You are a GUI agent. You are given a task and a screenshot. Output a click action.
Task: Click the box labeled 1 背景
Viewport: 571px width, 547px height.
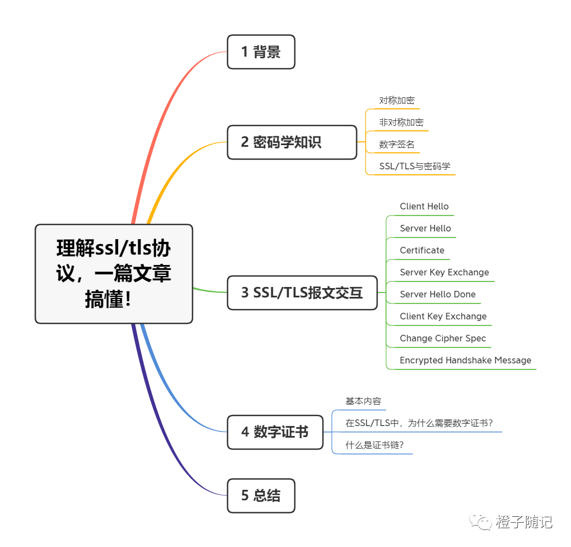pos(261,52)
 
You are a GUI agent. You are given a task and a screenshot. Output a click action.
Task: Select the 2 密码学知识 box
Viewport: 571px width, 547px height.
pos(292,142)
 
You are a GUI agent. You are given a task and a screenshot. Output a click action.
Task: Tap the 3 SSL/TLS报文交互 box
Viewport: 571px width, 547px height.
pos(302,292)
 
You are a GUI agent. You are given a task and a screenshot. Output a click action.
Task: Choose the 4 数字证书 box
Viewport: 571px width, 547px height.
pos(275,432)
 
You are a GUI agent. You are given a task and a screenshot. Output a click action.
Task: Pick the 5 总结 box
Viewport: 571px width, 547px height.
pos(261,496)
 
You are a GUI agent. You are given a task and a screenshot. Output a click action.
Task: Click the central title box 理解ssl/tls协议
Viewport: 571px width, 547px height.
pos(114,274)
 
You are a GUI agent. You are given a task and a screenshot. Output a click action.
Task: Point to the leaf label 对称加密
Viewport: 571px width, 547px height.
pos(396,101)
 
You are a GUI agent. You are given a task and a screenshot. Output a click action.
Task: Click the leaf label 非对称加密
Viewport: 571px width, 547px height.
pos(401,123)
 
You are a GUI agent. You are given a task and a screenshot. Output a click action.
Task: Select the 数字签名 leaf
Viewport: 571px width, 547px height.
pos(396,145)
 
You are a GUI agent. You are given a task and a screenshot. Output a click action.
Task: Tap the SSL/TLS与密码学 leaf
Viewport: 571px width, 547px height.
pos(415,167)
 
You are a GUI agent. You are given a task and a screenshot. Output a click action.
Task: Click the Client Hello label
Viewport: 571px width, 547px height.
pos(424,207)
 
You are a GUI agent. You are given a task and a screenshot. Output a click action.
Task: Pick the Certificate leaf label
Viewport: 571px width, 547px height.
pos(422,251)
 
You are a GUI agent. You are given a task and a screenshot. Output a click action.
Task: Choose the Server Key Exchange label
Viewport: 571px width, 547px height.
pos(444,273)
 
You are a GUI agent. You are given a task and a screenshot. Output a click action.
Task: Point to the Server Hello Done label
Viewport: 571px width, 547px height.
pos(438,295)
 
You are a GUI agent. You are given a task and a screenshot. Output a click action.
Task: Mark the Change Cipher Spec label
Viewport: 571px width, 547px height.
pos(443,339)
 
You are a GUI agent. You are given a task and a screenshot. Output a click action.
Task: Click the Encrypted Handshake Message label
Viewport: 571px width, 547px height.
pos(465,361)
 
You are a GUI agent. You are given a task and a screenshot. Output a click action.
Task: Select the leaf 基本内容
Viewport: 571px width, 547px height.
pos(363,401)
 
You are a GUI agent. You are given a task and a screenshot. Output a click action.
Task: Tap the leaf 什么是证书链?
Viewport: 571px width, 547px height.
pos(374,445)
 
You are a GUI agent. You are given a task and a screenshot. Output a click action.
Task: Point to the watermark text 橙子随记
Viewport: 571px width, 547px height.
pos(524,522)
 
